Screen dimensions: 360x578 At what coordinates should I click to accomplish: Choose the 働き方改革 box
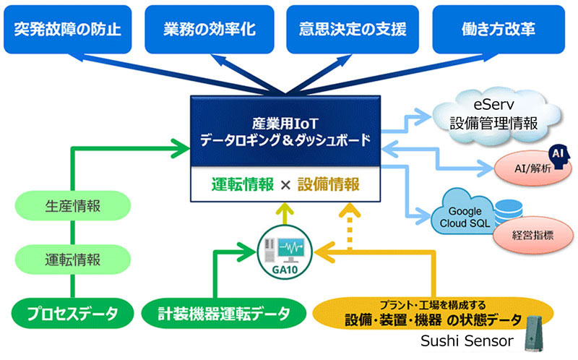click(498, 29)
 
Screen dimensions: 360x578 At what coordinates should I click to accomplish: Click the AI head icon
click(556, 154)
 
